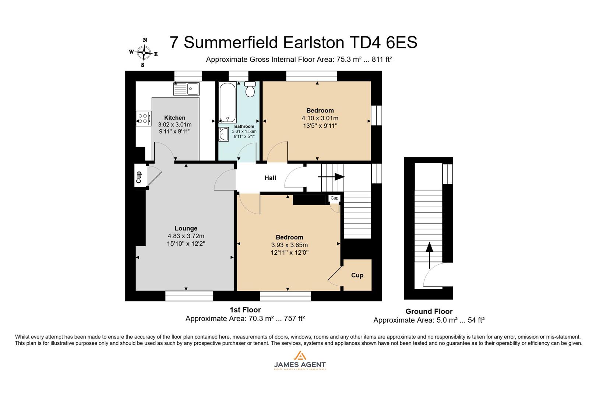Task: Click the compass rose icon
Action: (143, 53)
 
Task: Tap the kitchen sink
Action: (186, 89)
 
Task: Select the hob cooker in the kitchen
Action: (143, 118)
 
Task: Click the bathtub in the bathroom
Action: (228, 102)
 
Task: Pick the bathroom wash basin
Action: (223, 135)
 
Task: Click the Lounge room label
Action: (186, 228)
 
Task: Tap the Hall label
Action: (270, 178)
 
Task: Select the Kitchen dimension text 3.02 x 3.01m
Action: (175, 125)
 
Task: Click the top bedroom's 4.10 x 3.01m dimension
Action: (320, 118)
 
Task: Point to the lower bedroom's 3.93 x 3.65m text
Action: (289, 245)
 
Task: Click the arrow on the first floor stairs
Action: (331, 177)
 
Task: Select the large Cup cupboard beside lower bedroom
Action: (357, 275)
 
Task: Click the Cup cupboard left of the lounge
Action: (139, 177)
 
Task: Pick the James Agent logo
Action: (300, 360)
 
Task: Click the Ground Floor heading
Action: (429, 311)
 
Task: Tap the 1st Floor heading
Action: (245, 310)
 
